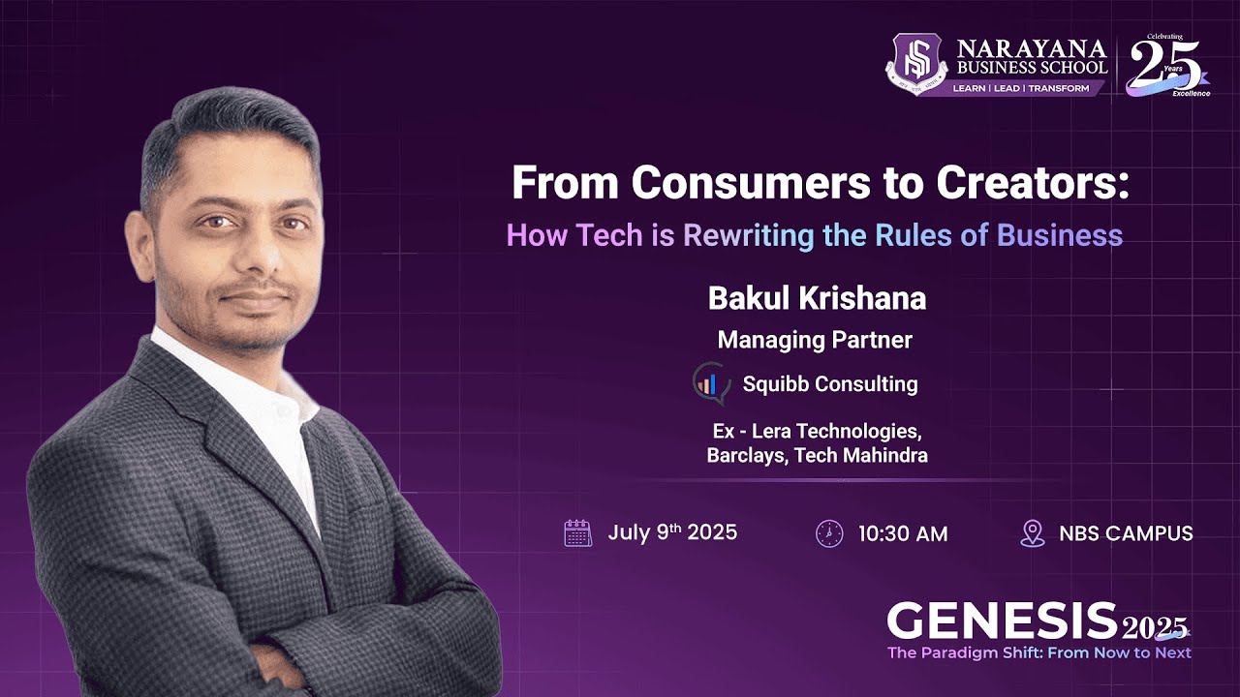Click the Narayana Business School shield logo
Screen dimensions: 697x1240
coord(916,65)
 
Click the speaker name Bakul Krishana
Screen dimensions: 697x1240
coord(817,298)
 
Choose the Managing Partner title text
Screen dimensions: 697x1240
coord(815,340)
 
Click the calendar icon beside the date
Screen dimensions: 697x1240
coord(577,533)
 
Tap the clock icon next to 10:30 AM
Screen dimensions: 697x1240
coord(829,533)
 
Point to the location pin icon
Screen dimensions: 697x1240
coord(1033,533)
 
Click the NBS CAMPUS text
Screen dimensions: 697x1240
coord(1126,533)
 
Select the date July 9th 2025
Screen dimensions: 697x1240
coord(672,532)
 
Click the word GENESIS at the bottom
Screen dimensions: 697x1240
coord(1002,621)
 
